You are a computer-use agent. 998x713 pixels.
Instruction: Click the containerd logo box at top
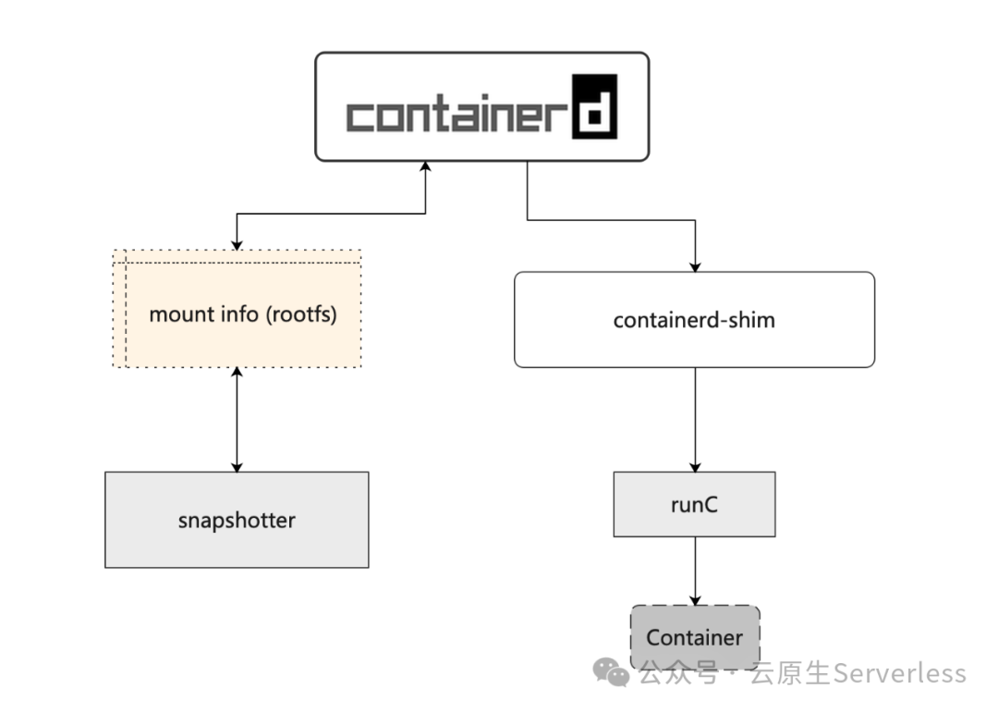point(481,105)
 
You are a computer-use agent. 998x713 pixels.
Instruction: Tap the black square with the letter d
point(593,106)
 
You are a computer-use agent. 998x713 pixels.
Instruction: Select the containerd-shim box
point(694,320)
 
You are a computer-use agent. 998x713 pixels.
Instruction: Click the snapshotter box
point(237,520)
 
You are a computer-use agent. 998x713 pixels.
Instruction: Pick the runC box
point(694,505)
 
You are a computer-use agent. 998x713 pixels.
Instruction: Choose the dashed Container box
point(694,637)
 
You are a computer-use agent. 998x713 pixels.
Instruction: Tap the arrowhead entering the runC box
point(695,466)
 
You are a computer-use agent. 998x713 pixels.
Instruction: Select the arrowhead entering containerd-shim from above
point(695,265)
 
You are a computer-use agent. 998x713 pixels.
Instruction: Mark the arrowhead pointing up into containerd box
point(426,166)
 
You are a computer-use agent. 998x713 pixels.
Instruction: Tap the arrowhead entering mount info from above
point(237,243)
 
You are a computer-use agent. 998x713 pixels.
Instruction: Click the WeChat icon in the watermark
point(612,672)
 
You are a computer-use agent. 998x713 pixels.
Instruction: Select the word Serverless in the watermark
point(899,673)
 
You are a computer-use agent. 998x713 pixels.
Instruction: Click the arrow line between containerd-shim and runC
point(695,416)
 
